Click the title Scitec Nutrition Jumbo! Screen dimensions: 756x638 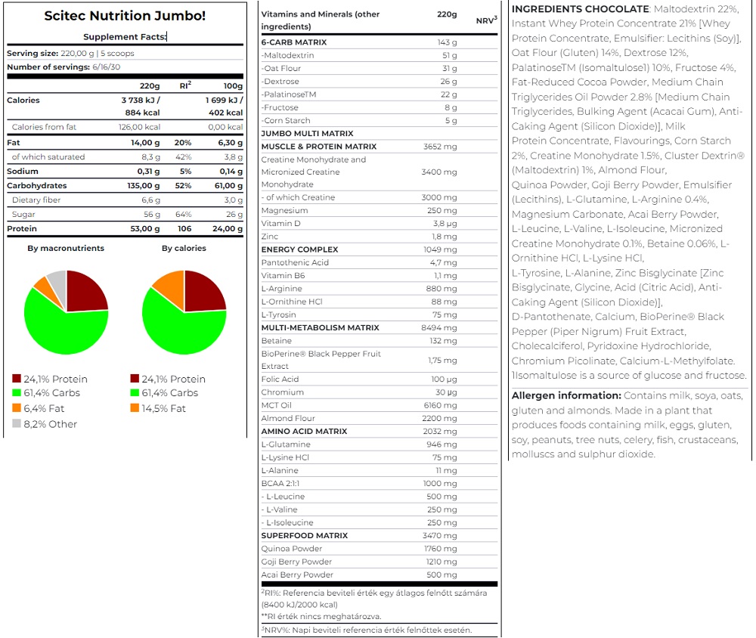point(125,15)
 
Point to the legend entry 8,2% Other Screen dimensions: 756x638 point(45,424)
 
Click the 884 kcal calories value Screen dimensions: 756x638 point(142,113)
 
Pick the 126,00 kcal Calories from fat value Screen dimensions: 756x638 point(139,127)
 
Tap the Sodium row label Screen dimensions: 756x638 point(22,171)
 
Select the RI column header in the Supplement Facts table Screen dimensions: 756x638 point(186,85)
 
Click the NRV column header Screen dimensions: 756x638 point(486,20)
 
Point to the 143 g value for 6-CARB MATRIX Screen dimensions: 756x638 point(447,42)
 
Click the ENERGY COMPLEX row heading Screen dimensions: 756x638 point(299,249)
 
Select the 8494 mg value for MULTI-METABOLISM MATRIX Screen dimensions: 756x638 point(438,327)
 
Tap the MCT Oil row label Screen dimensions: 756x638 point(276,405)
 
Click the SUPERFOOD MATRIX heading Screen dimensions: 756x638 point(304,535)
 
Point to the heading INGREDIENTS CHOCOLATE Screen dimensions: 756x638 point(581,8)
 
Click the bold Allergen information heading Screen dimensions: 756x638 point(566,395)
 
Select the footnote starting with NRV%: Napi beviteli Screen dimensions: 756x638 point(367,630)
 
